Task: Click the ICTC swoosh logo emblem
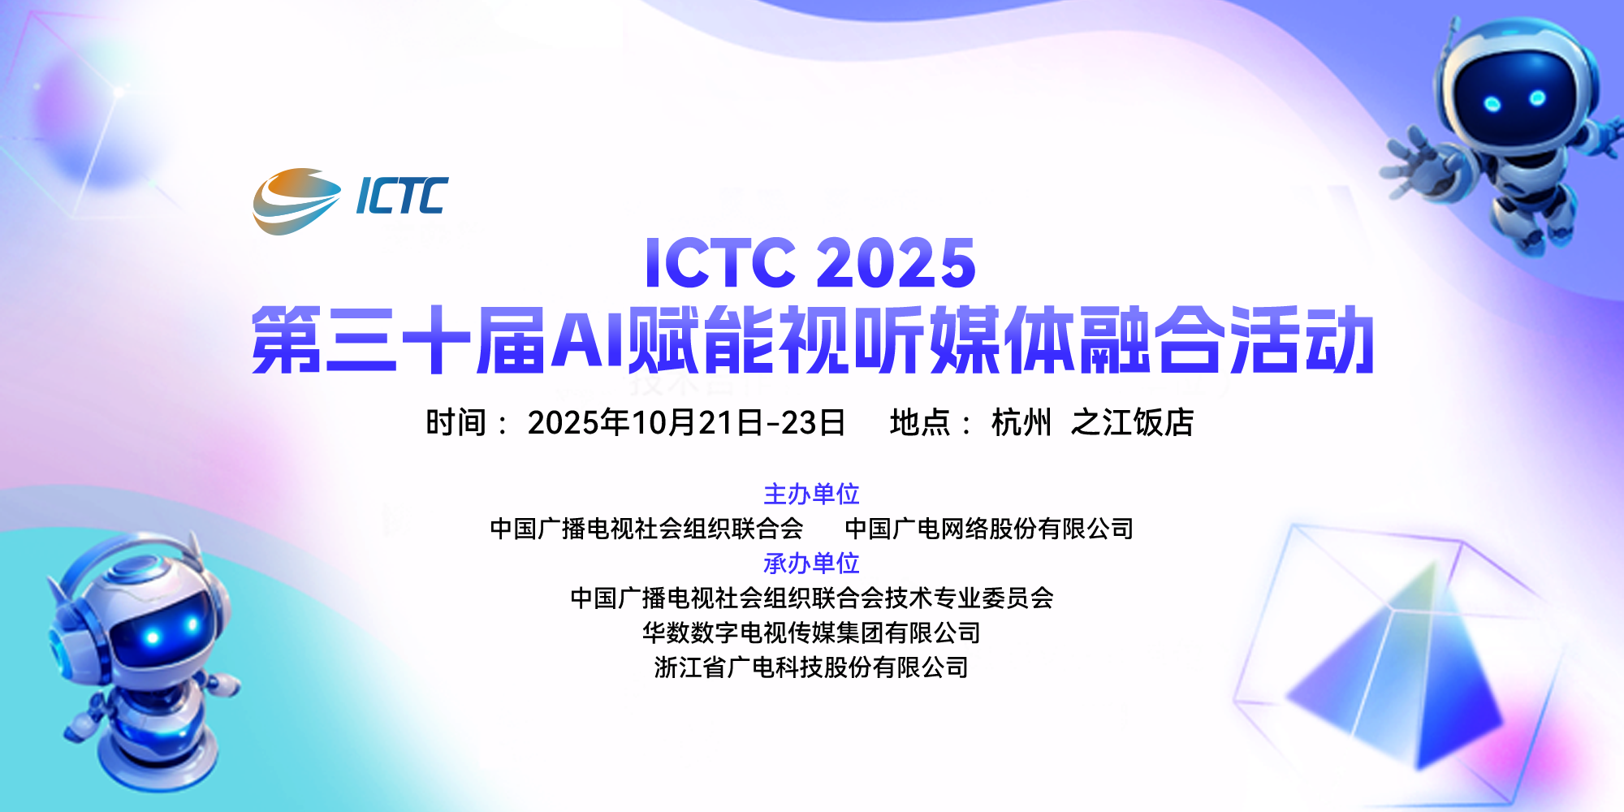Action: (296, 201)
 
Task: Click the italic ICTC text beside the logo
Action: (402, 197)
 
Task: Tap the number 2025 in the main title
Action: (895, 263)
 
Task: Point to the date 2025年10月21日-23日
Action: (686, 422)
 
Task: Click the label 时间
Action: (456, 422)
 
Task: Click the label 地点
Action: (920, 422)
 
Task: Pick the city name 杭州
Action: (1021, 422)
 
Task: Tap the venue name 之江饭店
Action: (1133, 422)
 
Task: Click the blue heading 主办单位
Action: (811, 494)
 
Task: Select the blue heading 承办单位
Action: (811, 563)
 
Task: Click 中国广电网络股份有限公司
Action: (989, 529)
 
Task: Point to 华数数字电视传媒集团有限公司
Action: (811, 633)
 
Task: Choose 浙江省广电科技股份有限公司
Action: (811, 667)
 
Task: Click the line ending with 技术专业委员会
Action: (811, 598)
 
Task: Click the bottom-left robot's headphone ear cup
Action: (67, 641)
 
